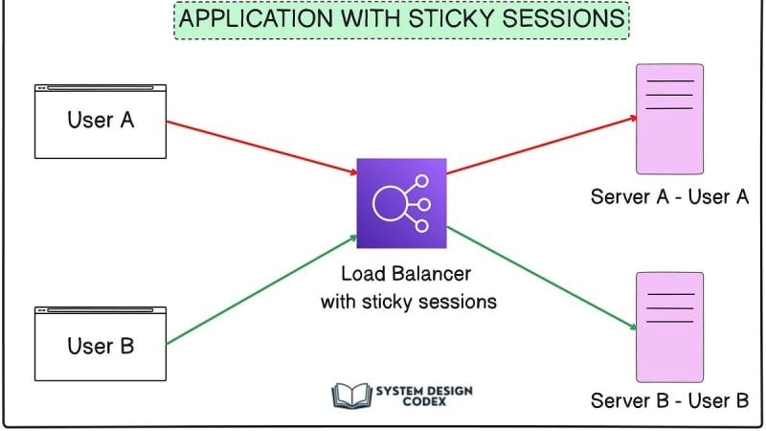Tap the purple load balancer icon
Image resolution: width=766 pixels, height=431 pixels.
pyautogui.click(x=401, y=204)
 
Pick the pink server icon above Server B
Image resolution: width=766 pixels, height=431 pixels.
pyautogui.click(x=670, y=327)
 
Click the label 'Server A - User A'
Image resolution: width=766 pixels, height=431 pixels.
pyautogui.click(x=669, y=197)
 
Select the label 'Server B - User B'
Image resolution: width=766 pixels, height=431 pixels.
pyautogui.click(x=669, y=400)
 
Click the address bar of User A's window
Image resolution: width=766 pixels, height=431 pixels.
pyautogui.click(x=101, y=89)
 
